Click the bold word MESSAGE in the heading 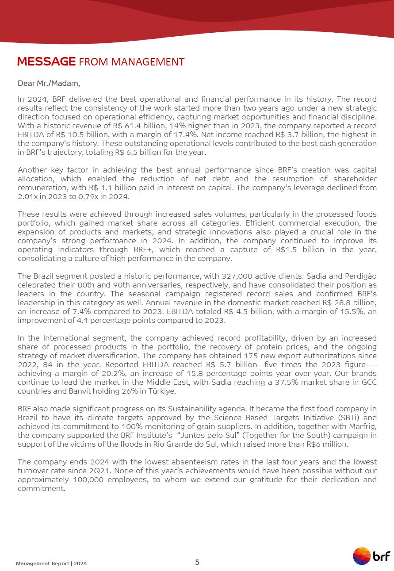[46, 61]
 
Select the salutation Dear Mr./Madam [49, 83]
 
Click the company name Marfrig [362, 426]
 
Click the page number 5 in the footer [197, 562]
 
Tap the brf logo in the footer [371, 556]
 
